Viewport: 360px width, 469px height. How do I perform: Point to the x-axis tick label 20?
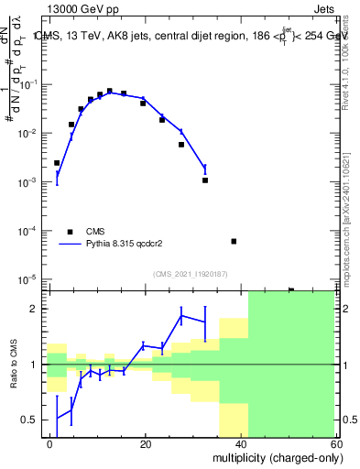pyautogui.click(x=146, y=442)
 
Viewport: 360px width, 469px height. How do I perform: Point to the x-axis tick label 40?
pyautogui.click(x=242, y=442)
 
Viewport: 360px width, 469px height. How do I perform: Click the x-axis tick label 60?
pyautogui.click(x=337, y=442)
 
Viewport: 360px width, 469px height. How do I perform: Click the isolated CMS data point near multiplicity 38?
pyautogui.click(x=234, y=242)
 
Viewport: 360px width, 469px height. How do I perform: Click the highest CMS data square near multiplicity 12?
pyautogui.click(x=109, y=92)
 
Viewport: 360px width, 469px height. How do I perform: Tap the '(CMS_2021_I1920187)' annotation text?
pyautogui.click(x=190, y=273)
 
